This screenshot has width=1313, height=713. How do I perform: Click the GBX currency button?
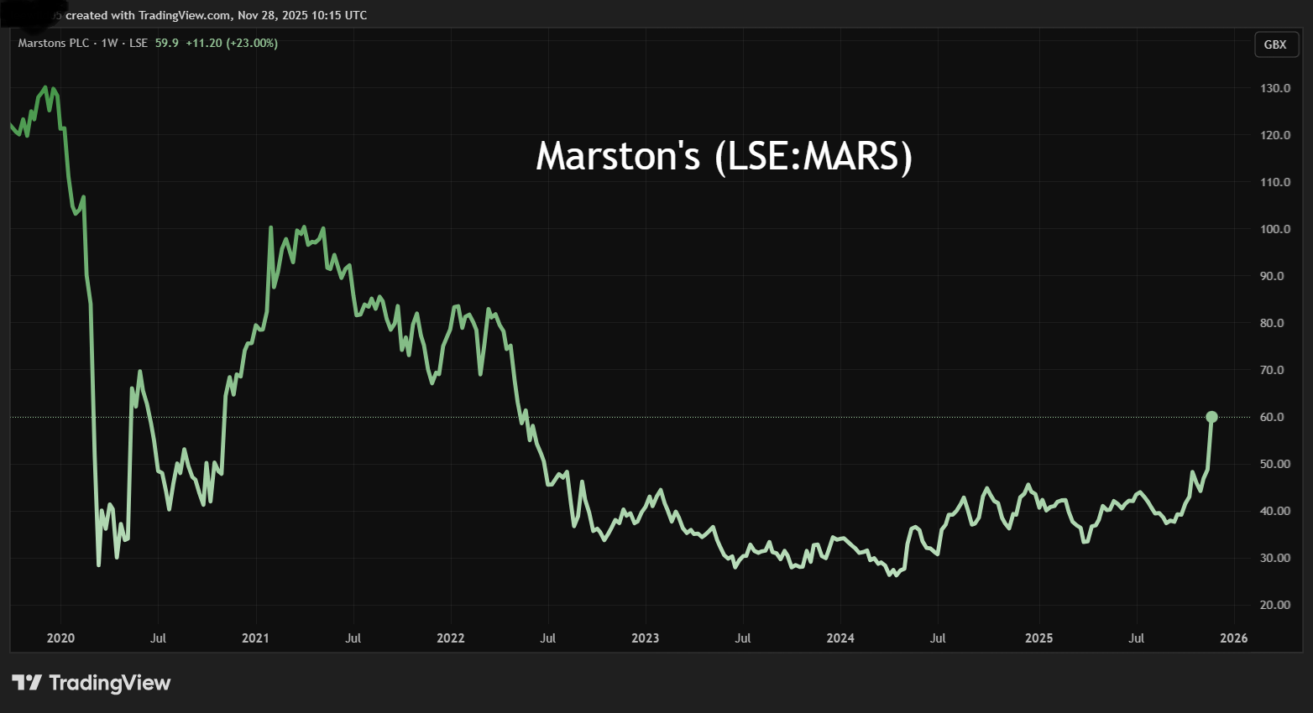click(x=1274, y=44)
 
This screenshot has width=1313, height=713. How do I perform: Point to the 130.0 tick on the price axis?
click(x=1275, y=88)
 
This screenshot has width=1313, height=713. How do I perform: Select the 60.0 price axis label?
click(x=1275, y=417)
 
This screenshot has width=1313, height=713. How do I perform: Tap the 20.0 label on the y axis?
click(x=1275, y=605)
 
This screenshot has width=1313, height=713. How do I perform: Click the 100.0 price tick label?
click(x=1275, y=229)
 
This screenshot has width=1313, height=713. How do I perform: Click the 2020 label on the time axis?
click(x=60, y=638)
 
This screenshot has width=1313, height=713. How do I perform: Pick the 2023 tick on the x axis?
click(x=645, y=638)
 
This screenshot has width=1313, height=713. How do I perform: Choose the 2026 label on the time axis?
click(x=1233, y=638)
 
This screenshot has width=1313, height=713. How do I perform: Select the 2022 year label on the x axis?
click(x=450, y=638)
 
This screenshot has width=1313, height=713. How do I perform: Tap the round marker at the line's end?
click(x=1211, y=417)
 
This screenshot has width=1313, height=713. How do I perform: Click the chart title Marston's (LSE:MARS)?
click(x=724, y=156)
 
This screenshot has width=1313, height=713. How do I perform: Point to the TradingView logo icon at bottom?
click(x=27, y=683)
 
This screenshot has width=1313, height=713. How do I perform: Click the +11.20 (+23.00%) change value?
click(x=232, y=43)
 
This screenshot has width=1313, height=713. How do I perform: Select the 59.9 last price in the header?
click(x=167, y=43)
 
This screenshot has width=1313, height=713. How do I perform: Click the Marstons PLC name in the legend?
click(x=54, y=43)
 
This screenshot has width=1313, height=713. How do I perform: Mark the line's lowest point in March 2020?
click(x=99, y=565)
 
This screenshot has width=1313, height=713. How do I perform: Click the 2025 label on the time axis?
click(x=1038, y=638)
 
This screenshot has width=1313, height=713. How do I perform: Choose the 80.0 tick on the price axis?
click(x=1275, y=323)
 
